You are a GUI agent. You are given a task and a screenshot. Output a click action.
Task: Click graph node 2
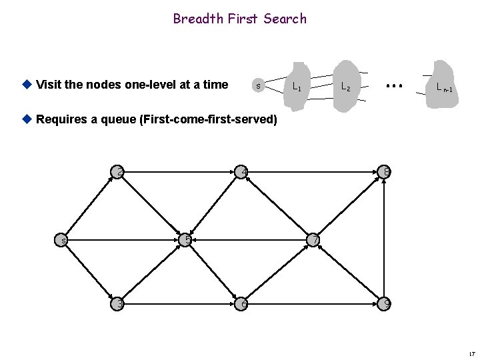(119, 173)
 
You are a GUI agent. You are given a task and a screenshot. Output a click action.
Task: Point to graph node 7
(315, 239)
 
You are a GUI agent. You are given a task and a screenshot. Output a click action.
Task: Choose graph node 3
(119, 303)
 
